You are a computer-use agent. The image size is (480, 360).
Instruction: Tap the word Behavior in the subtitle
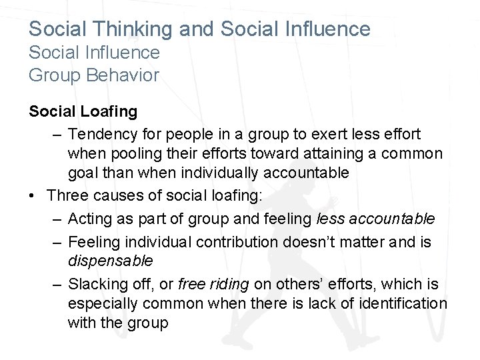(x=124, y=75)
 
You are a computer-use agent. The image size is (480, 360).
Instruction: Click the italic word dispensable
(x=110, y=259)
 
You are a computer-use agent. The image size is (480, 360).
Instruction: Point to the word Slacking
(x=97, y=283)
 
